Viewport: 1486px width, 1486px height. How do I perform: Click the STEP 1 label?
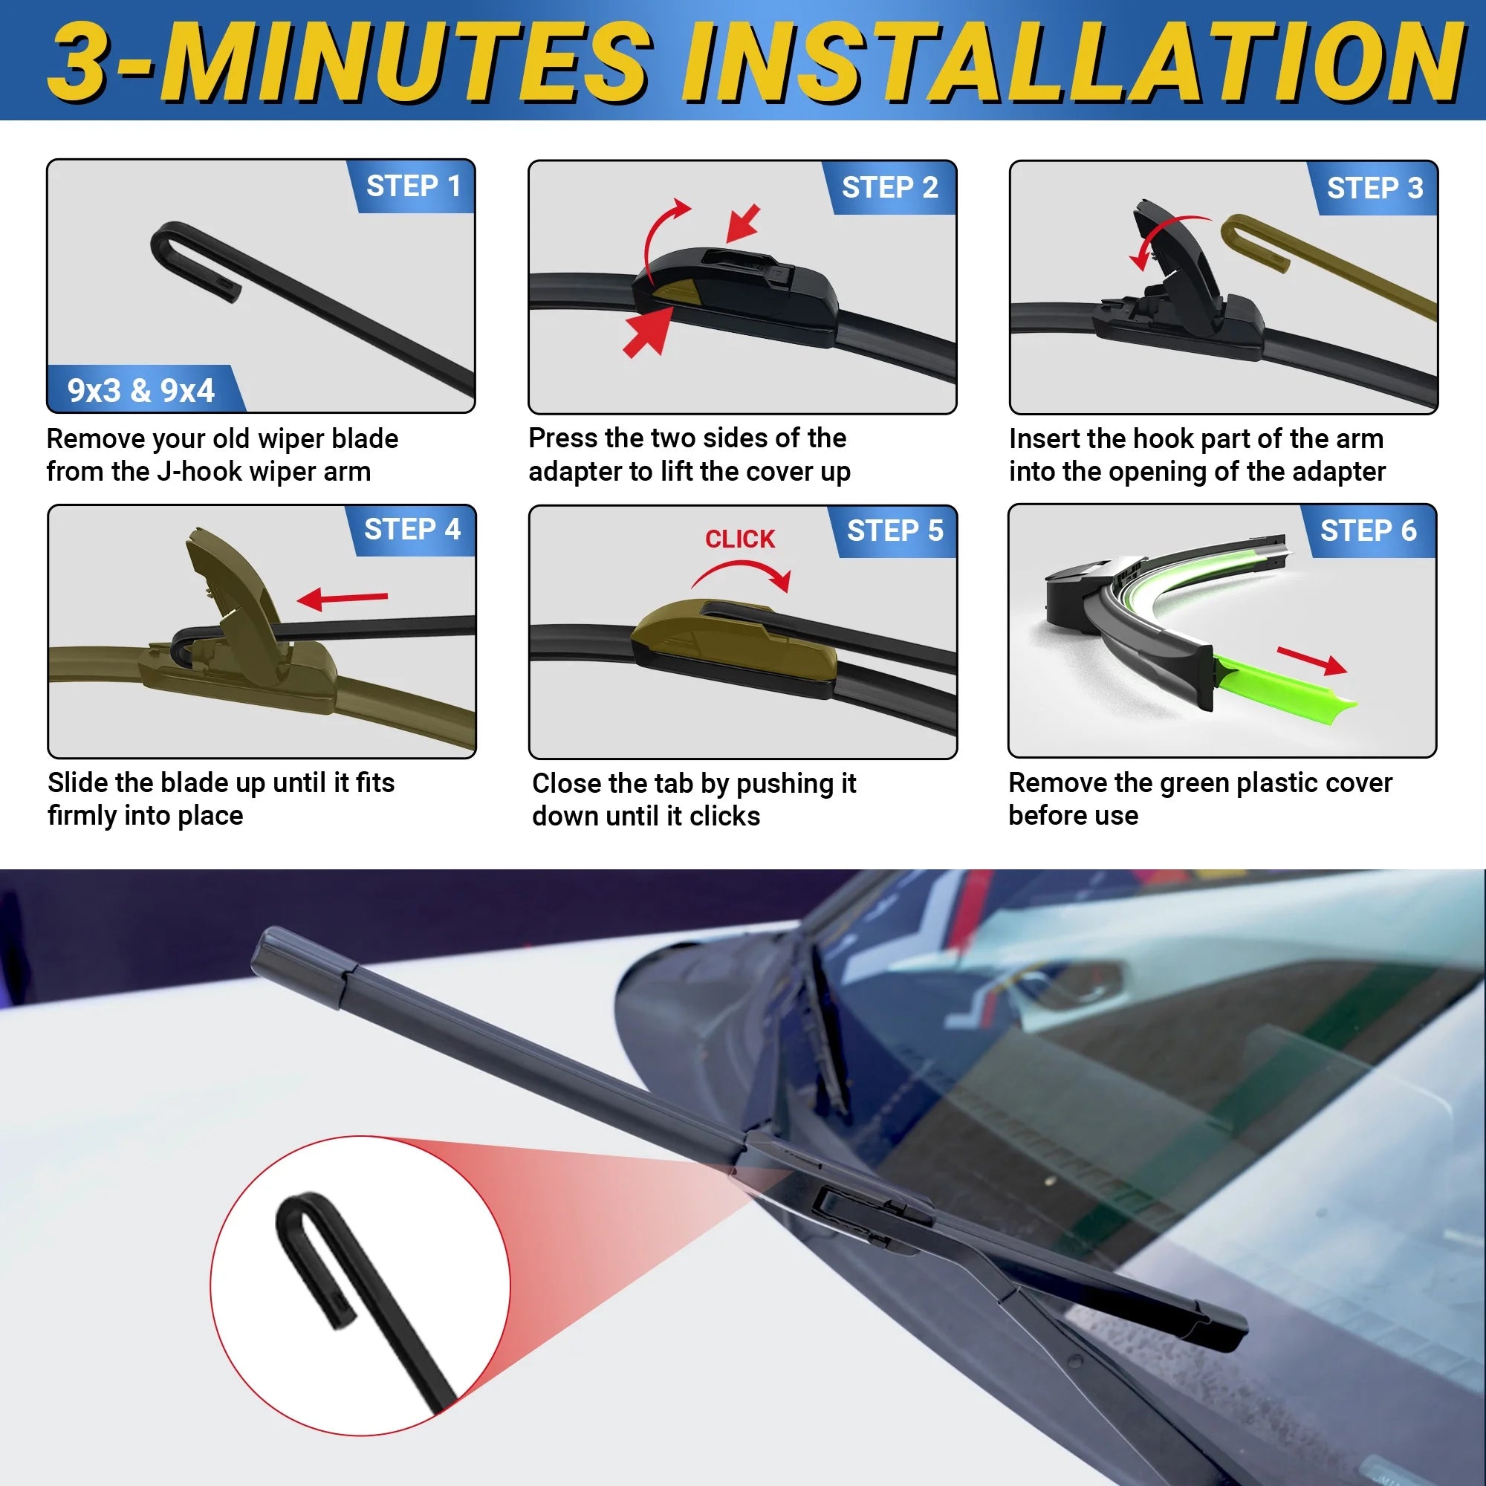click(413, 186)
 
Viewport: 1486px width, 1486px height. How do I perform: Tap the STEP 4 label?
click(412, 529)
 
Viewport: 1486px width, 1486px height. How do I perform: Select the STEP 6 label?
click(1369, 531)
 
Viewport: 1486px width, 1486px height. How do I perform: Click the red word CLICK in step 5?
click(740, 539)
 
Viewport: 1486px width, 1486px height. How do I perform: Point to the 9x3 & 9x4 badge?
click(140, 391)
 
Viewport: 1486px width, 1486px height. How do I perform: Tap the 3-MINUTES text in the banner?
click(350, 63)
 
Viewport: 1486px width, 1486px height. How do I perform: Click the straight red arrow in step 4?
click(343, 597)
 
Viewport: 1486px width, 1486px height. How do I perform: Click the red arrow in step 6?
click(1311, 660)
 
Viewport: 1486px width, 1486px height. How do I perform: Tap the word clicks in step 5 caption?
click(724, 816)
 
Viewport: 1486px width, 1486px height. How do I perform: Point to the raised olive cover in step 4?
click(231, 585)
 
